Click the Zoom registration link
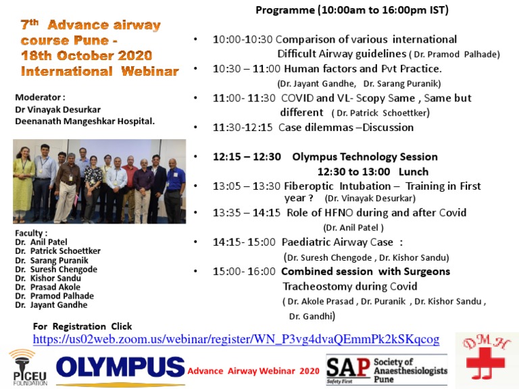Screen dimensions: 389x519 (236, 339)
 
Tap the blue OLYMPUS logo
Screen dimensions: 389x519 (120, 368)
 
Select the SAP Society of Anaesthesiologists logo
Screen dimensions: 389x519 (387, 369)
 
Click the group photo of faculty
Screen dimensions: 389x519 (99, 181)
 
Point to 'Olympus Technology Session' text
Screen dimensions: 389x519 (365, 157)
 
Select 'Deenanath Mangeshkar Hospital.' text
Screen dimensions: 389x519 (84, 121)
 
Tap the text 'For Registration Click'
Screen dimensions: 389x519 (82, 326)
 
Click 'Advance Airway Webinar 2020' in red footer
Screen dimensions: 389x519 (253, 371)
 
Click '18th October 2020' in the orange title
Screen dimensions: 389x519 (86, 55)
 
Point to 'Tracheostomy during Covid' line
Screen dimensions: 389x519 (344, 286)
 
